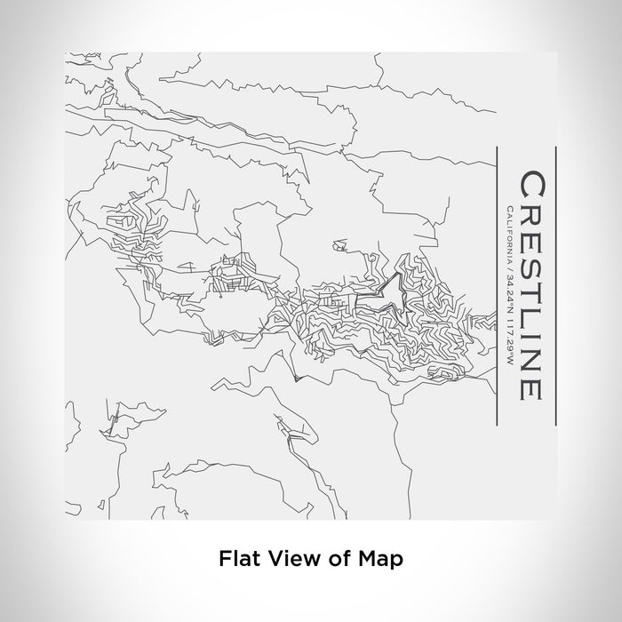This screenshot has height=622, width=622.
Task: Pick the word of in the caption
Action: point(331,559)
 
